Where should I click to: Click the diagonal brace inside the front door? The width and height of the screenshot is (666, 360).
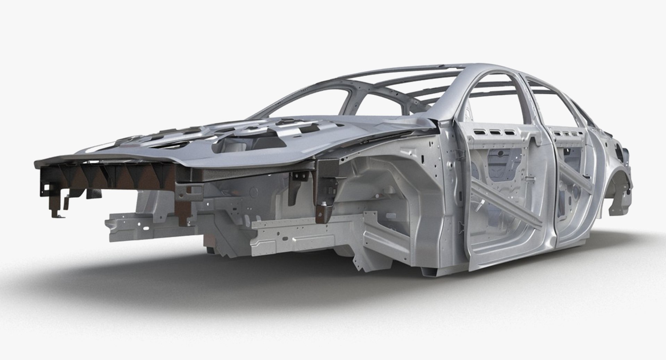pos(503,194)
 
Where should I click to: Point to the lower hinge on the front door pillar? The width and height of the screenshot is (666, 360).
pos(461,227)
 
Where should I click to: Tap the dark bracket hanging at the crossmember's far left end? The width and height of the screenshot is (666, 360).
pos(57,205)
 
